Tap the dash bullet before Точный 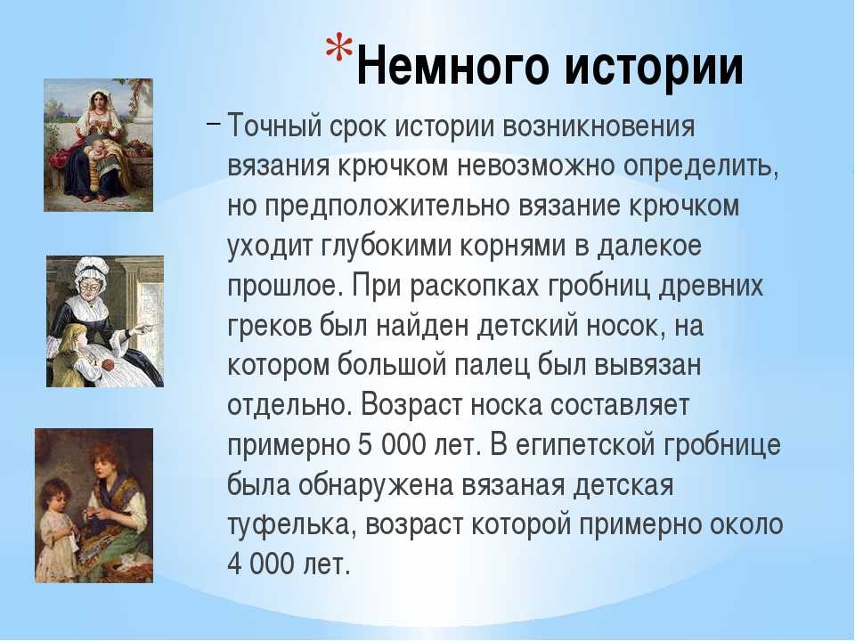point(214,123)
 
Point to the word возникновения point(598,126)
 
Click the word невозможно point(536,166)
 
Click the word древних point(711,286)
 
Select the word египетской point(585,445)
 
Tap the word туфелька point(291,525)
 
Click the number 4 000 point(261,564)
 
